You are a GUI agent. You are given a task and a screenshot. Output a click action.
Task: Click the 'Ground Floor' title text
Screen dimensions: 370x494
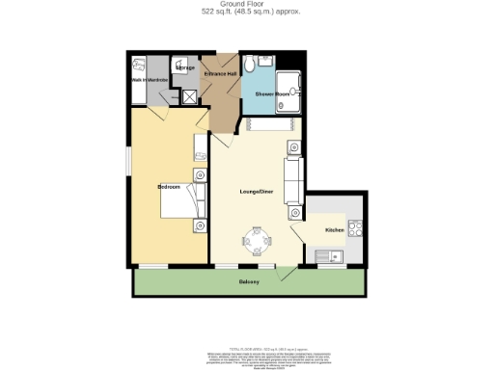click(x=248, y=5)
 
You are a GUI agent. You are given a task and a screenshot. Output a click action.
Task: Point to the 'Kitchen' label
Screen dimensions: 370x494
click(x=334, y=230)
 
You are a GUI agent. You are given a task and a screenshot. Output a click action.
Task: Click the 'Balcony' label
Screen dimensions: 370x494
click(x=249, y=281)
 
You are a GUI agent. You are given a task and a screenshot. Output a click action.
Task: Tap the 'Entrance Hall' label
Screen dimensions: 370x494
click(x=220, y=73)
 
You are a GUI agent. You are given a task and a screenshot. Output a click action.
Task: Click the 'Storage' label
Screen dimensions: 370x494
click(x=185, y=68)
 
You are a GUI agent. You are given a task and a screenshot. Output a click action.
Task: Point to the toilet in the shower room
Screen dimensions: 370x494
click(x=250, y=65)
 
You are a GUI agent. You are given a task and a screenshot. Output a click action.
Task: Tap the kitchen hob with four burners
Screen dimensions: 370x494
click(x=354, y=230)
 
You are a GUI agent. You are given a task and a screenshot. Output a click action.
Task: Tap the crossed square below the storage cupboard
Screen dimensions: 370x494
click(x=190, y=95)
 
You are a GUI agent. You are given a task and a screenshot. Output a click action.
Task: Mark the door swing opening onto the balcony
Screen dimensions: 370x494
click(x=284, y=274)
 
